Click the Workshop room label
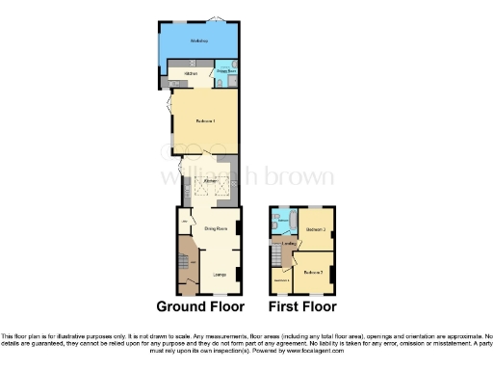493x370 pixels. click(x=200, y=41)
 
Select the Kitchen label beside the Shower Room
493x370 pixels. click(x=191, y=72)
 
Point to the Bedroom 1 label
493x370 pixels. click(x=205, y=120)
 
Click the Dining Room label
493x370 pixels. click(x=215, y=228)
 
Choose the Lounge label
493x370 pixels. click(x=220, y=274)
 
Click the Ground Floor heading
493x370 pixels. click(x=198, y=308)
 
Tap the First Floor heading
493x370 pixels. click(x=302, y=308)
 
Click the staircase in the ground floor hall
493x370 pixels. click(x=184, y=260)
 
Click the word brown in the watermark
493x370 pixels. click(x=304, y=177)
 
